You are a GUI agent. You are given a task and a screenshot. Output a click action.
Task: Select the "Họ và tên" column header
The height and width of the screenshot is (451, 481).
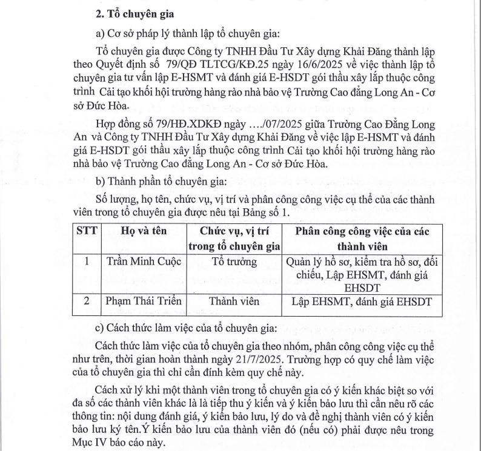pyautogui.click(x=143, y=231)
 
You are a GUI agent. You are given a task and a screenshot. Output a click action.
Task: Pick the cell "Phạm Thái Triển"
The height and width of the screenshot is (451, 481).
pyautogui.click(x=144, y=300)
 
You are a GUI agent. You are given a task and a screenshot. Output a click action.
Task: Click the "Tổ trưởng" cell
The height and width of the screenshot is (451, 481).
pyautogui.click(x=234, y=262)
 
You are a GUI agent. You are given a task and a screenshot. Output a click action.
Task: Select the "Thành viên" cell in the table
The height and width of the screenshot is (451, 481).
pyautogui.click(x=234, y=300)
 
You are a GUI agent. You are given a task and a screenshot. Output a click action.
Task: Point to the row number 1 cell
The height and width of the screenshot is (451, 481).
pyautogui.click(x=87, y=262)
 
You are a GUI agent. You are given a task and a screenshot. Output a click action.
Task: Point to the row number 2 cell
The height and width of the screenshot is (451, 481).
pyautogui.click(x=87, y=300)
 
